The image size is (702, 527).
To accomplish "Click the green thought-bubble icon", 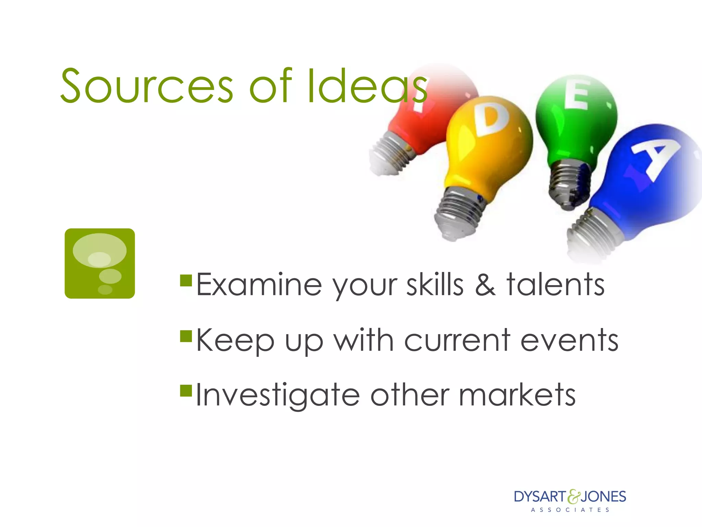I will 100,263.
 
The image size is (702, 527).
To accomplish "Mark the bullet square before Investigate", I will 186,390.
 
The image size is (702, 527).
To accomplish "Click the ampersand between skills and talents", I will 485,285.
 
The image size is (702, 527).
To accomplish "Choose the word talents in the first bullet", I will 555,285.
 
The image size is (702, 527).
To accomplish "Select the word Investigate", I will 278,395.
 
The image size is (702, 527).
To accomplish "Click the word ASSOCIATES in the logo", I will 570,510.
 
